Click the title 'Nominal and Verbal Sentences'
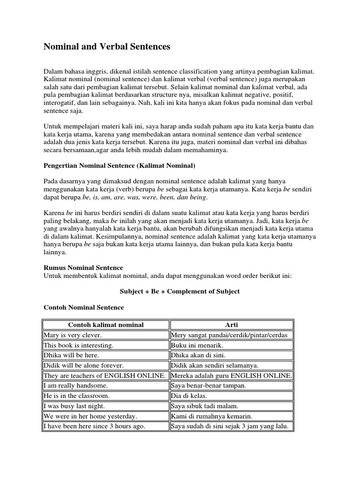coord(107,47)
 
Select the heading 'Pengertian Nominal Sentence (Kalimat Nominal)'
coord(119,166)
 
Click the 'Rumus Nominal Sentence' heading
coord(83,268)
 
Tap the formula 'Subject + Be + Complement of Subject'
coord(180,291)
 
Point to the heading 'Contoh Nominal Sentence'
coord(84,307)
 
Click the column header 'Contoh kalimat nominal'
coord(105,325)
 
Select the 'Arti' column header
coord(232,325)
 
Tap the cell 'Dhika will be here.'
coord(71,355)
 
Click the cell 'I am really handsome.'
coord(75,386)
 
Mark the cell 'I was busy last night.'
coord(74,406)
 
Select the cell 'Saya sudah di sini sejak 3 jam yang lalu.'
coord(232,426)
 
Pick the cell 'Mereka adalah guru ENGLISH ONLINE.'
coord(232,375)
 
